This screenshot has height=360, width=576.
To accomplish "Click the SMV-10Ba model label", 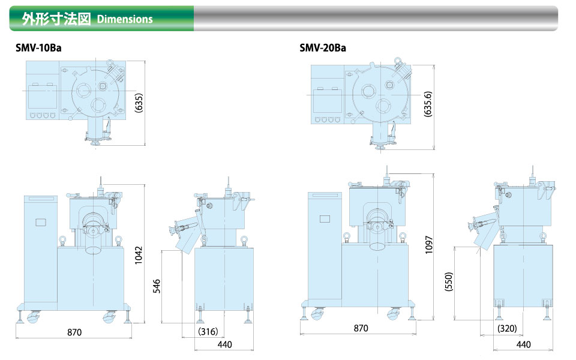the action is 38,48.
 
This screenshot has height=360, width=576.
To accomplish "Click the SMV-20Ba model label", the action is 323,48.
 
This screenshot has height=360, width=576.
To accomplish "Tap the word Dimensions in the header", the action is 125,19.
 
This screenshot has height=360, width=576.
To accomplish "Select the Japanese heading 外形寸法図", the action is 56,19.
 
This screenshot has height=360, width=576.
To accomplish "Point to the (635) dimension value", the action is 139,103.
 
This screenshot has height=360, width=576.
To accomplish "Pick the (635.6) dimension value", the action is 428,104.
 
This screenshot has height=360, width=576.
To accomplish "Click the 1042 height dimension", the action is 138,255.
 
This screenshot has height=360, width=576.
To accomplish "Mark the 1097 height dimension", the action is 428,245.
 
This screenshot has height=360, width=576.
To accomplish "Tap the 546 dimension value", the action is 157,286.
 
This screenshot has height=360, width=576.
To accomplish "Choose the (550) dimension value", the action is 449,282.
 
